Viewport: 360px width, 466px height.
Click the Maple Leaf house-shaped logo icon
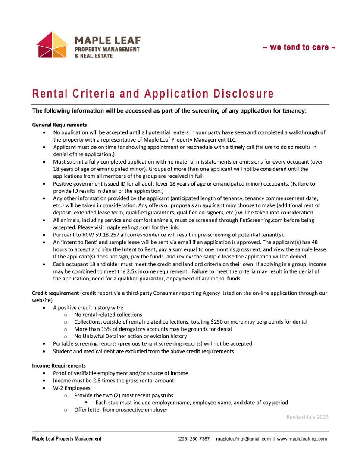(x=52, y=44)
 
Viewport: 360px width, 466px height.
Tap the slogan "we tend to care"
(x=299, y=47)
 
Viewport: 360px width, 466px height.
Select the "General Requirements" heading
(x=59, y=125)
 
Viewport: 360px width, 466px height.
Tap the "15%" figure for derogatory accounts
(x=110, y=329)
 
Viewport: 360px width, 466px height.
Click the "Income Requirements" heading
(x=59, y=366)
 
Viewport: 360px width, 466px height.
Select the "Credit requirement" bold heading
(x=55, y=293)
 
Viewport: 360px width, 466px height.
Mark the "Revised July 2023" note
(x=307, y=417)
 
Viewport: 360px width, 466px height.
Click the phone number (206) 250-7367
(x=194, y=439)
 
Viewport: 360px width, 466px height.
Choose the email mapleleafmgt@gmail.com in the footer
(x=243, y=439)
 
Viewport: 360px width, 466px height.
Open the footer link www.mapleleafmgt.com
(x=302, y=439)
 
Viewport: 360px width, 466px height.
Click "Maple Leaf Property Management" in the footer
(x=67, y=439)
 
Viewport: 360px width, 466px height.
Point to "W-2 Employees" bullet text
(x=72, y=388)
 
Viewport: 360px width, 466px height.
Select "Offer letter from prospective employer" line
(x=121, y=410)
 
